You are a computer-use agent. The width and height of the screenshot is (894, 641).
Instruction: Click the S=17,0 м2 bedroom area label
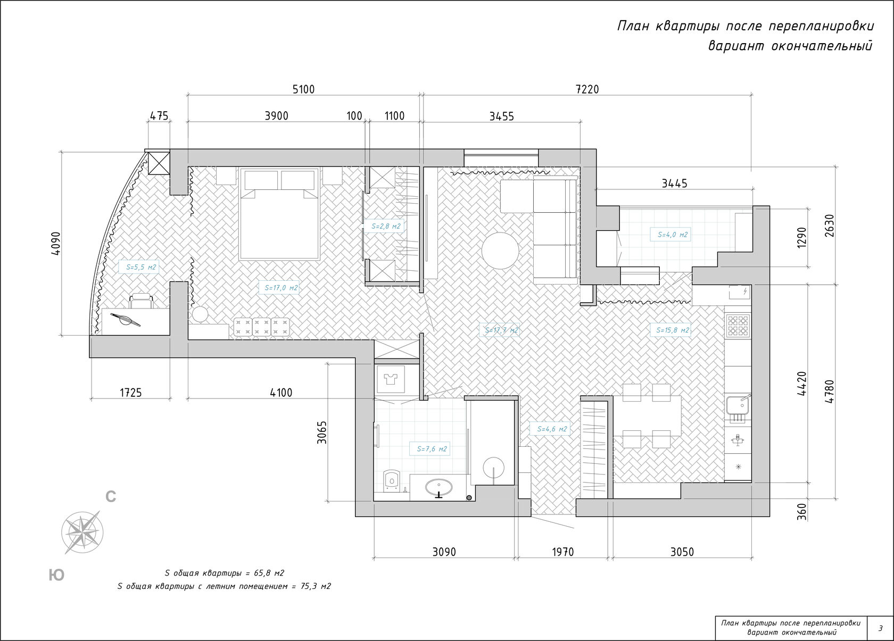(281, 288)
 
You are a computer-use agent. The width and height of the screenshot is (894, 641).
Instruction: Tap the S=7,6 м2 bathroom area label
(432, 449)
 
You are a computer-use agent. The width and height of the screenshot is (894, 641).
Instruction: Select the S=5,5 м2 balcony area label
(141, 267)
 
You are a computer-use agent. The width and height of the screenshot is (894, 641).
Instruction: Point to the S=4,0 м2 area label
(673, 235)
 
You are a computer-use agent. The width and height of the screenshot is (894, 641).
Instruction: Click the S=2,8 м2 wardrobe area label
(386, 226)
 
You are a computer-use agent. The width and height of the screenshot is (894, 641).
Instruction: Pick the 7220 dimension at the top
(587, 89)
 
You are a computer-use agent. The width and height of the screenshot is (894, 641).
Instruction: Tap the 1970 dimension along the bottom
(563, 552)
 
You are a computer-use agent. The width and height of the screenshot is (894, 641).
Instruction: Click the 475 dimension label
(159, 115)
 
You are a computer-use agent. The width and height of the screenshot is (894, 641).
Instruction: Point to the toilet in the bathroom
(391, 480)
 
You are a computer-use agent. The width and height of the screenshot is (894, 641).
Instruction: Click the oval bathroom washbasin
(439, 487)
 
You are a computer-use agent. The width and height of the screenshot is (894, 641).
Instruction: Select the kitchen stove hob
(738, 325)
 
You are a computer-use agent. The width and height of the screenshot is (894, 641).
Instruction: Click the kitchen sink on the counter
(738, 407)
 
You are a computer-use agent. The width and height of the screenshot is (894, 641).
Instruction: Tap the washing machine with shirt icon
(391, 379)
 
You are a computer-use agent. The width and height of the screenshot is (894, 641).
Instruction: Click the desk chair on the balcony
(142, 301)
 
